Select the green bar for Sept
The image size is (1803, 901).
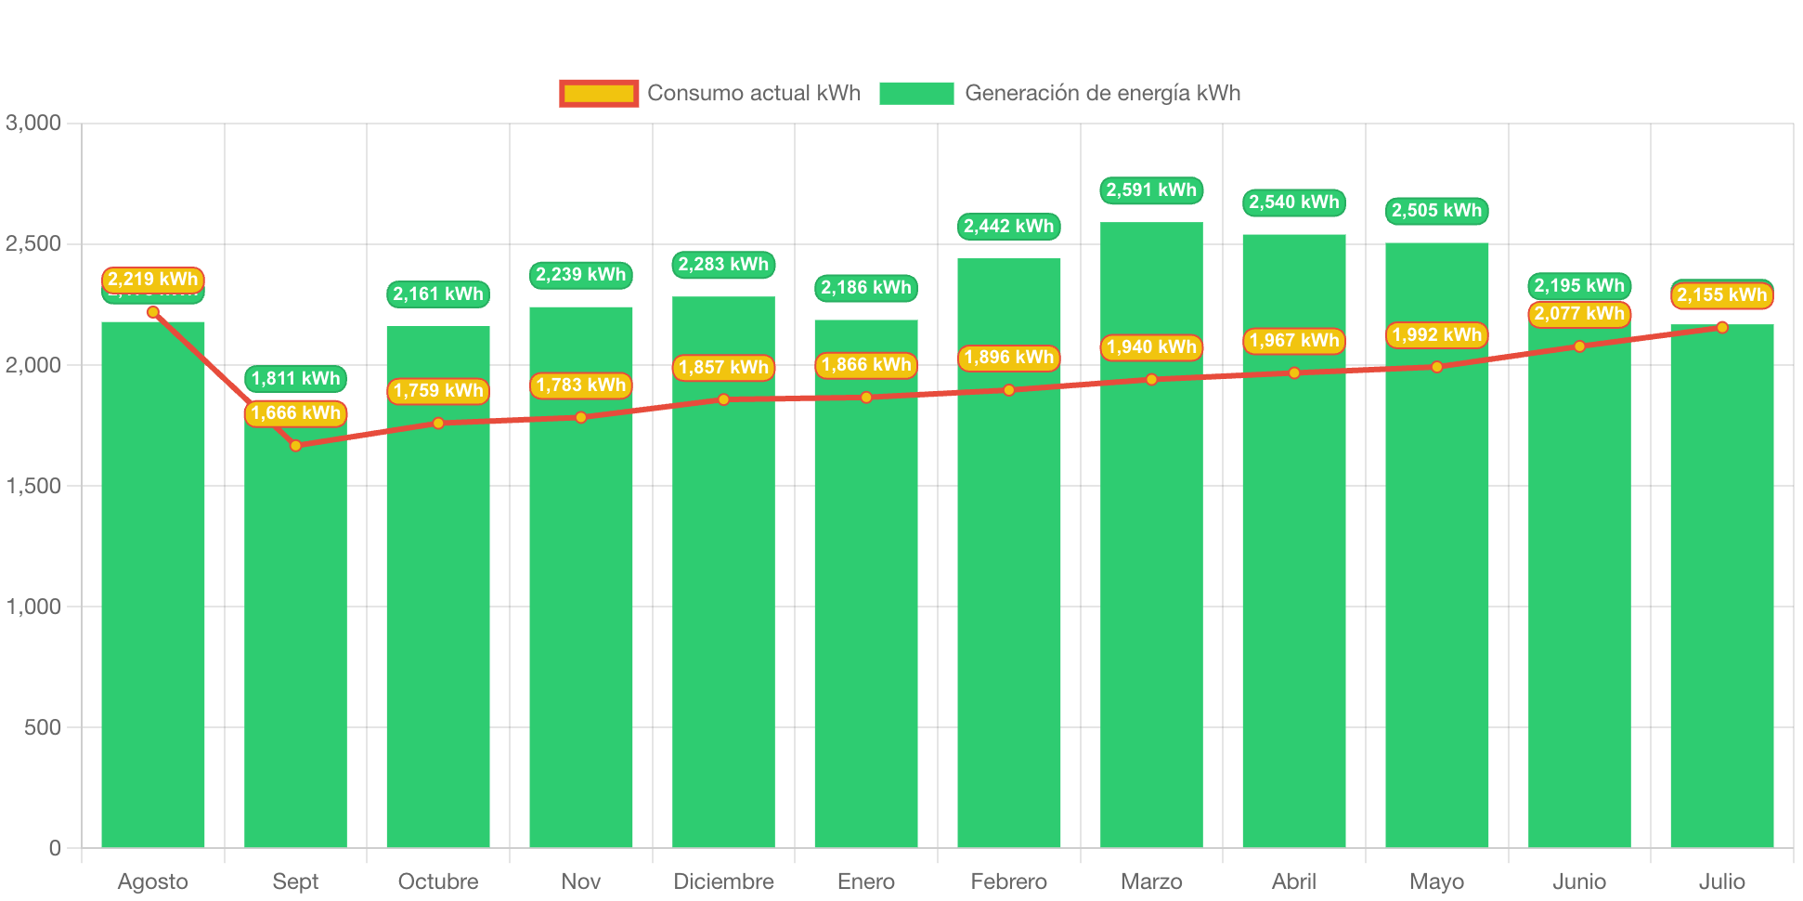click(295, 650)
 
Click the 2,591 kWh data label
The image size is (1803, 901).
click(1151, 190)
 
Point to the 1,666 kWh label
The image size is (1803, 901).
click(295, 413)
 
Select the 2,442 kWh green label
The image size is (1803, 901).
click(1008, 227)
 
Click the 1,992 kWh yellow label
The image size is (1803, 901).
click(1436, 335)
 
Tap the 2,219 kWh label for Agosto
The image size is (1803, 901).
click(152, 280)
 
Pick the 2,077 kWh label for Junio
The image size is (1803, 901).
click(1579, 314)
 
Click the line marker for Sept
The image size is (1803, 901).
click(295, 446)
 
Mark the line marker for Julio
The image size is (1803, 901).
click(1722, 327)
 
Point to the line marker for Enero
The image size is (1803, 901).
click(866, 398)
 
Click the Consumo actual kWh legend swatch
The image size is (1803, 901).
click(599, 93)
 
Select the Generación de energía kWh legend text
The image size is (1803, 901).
click(1102, 93)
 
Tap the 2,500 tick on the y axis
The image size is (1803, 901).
click(33, 243)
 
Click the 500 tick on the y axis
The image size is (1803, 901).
click(43, 727)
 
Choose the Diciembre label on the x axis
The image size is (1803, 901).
click(723, 881)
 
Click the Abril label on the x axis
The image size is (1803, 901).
click(1294, 881)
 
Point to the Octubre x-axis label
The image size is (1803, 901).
click(438, 881)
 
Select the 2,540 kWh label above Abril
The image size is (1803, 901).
click(1294, 202)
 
